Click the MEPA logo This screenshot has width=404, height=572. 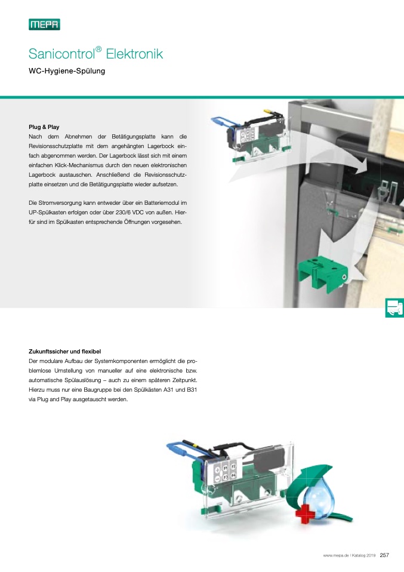(45, 24)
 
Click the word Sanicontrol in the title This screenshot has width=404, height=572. (61, 54)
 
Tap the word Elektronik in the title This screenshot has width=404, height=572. (134, 54)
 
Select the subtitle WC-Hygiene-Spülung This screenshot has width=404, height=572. (67, 71)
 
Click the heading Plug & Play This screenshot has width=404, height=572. (44, 127)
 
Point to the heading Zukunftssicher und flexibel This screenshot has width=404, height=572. (64, 352)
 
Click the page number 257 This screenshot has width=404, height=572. (384, 555)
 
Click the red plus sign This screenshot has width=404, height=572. (305, 514)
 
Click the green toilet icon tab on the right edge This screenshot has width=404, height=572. (394, 307)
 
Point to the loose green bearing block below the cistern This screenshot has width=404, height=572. (323, 273)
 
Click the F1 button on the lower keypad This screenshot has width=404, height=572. (226, 468)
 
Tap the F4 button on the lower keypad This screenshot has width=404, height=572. (234, 476)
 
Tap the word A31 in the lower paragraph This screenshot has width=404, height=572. (168, 390)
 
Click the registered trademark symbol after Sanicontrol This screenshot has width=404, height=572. (98, 49)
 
